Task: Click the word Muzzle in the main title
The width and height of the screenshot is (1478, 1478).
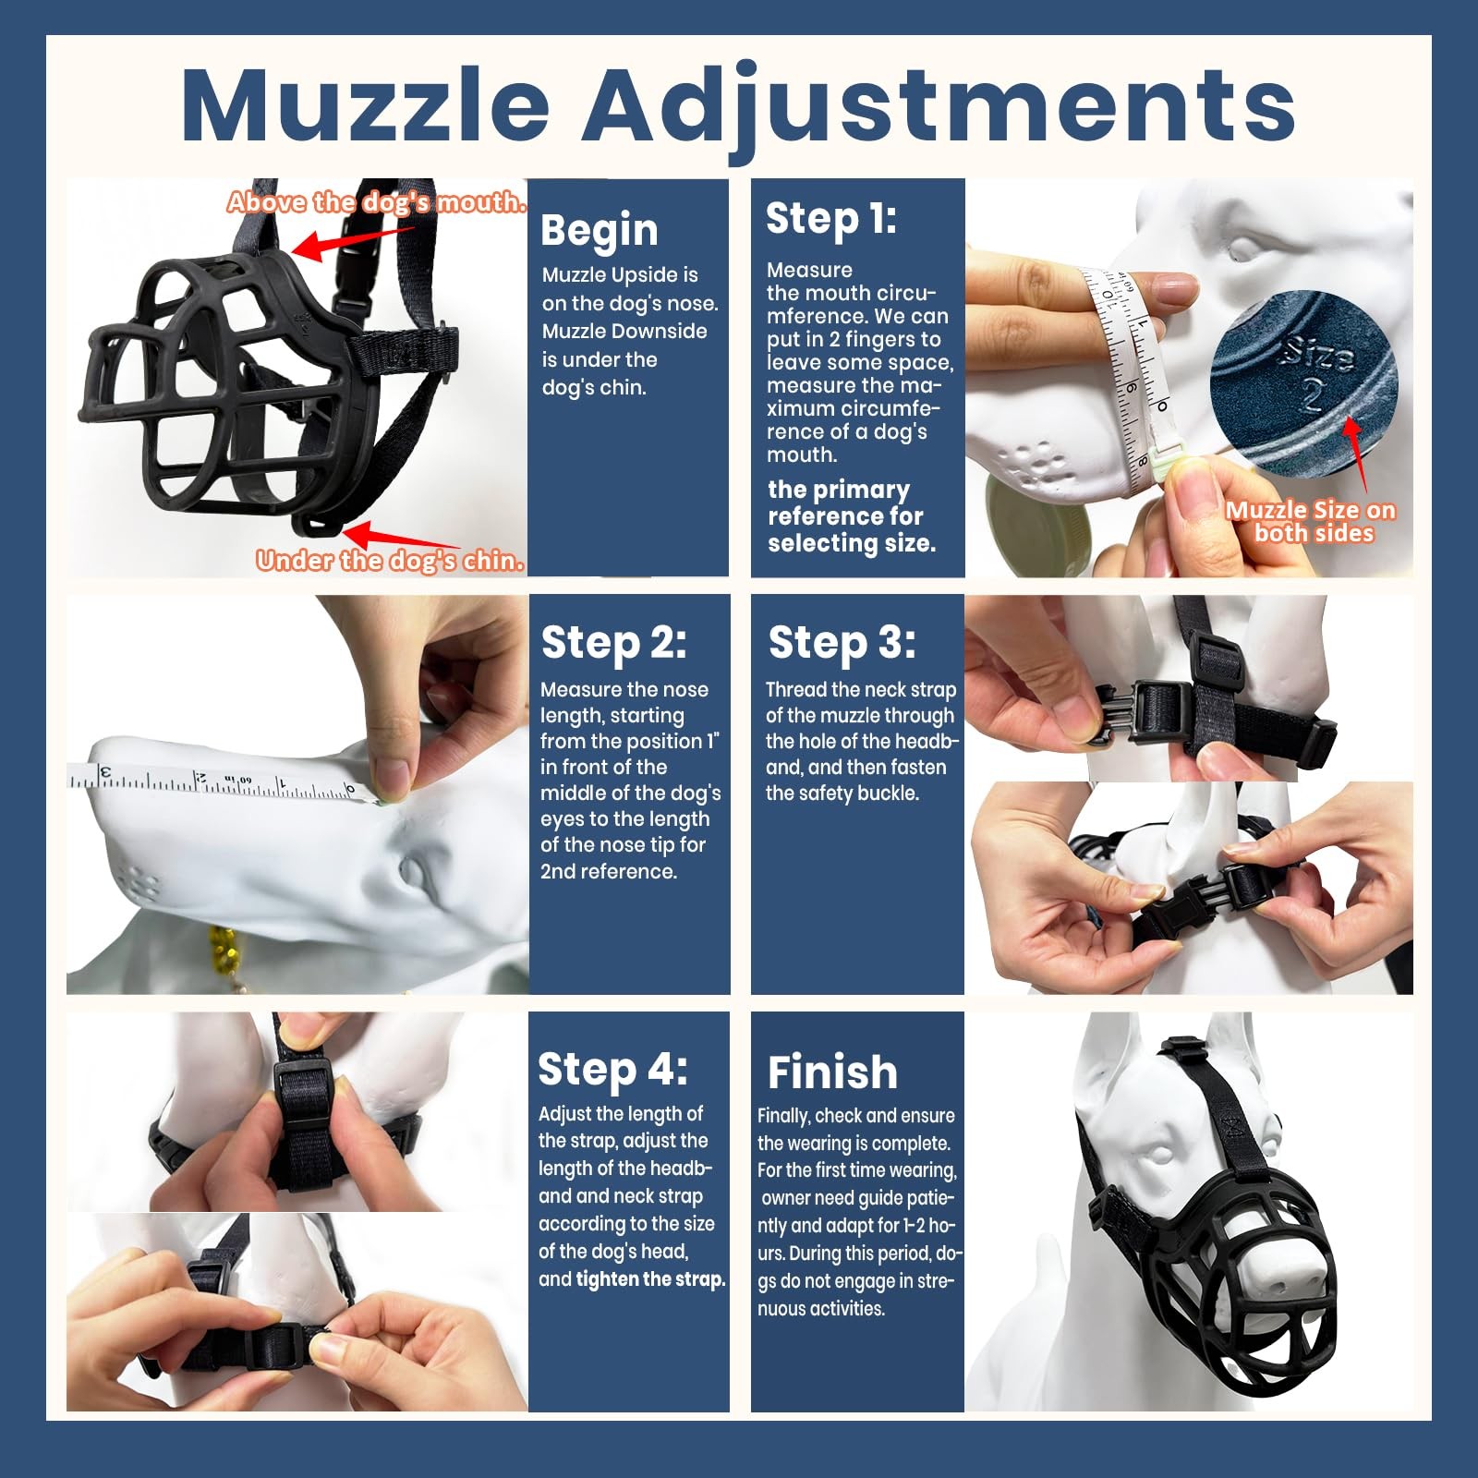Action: (x=366, y=103)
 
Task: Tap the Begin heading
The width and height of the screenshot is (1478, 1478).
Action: (x=599, y=231)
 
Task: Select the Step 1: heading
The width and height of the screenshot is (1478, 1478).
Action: (x=830, y=220)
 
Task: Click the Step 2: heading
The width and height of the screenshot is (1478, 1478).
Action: (x=613, y=644)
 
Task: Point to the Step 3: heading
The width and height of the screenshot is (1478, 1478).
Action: (x=842, y=644)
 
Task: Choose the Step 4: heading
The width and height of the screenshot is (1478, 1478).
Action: (x=612, y=1071)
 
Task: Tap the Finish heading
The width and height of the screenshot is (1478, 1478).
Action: (x=832, y=1072)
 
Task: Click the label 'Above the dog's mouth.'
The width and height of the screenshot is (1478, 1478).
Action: (x=377, y=202)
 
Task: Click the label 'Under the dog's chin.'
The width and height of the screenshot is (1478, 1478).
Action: (x=391, y=561)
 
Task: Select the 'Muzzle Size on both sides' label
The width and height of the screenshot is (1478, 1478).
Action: (x=1311, y=522)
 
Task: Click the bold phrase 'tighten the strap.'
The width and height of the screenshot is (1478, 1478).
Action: (x=650, y=1279)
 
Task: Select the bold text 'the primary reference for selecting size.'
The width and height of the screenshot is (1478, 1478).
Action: (x=852, y=516)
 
